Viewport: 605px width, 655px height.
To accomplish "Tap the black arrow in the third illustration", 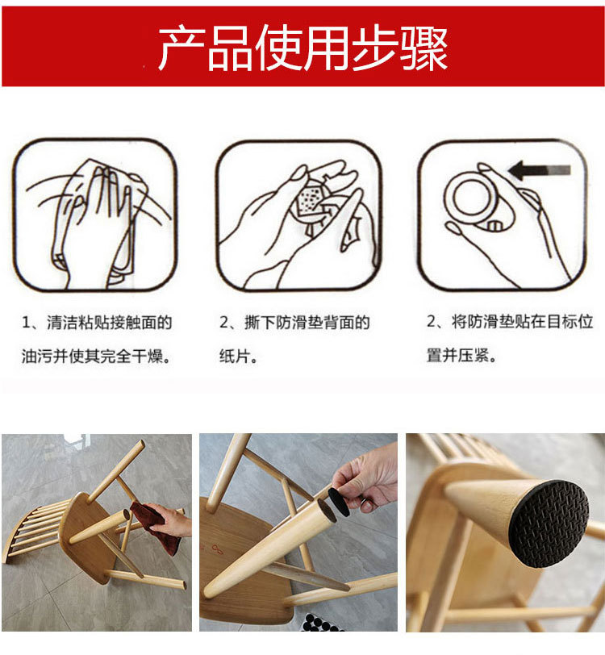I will pos(540,170).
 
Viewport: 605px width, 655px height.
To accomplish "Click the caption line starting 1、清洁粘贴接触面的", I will pos(97,323).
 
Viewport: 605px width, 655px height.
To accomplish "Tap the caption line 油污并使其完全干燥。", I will pos(97,356).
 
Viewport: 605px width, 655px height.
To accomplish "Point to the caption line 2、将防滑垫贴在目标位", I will pos(510,322).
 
